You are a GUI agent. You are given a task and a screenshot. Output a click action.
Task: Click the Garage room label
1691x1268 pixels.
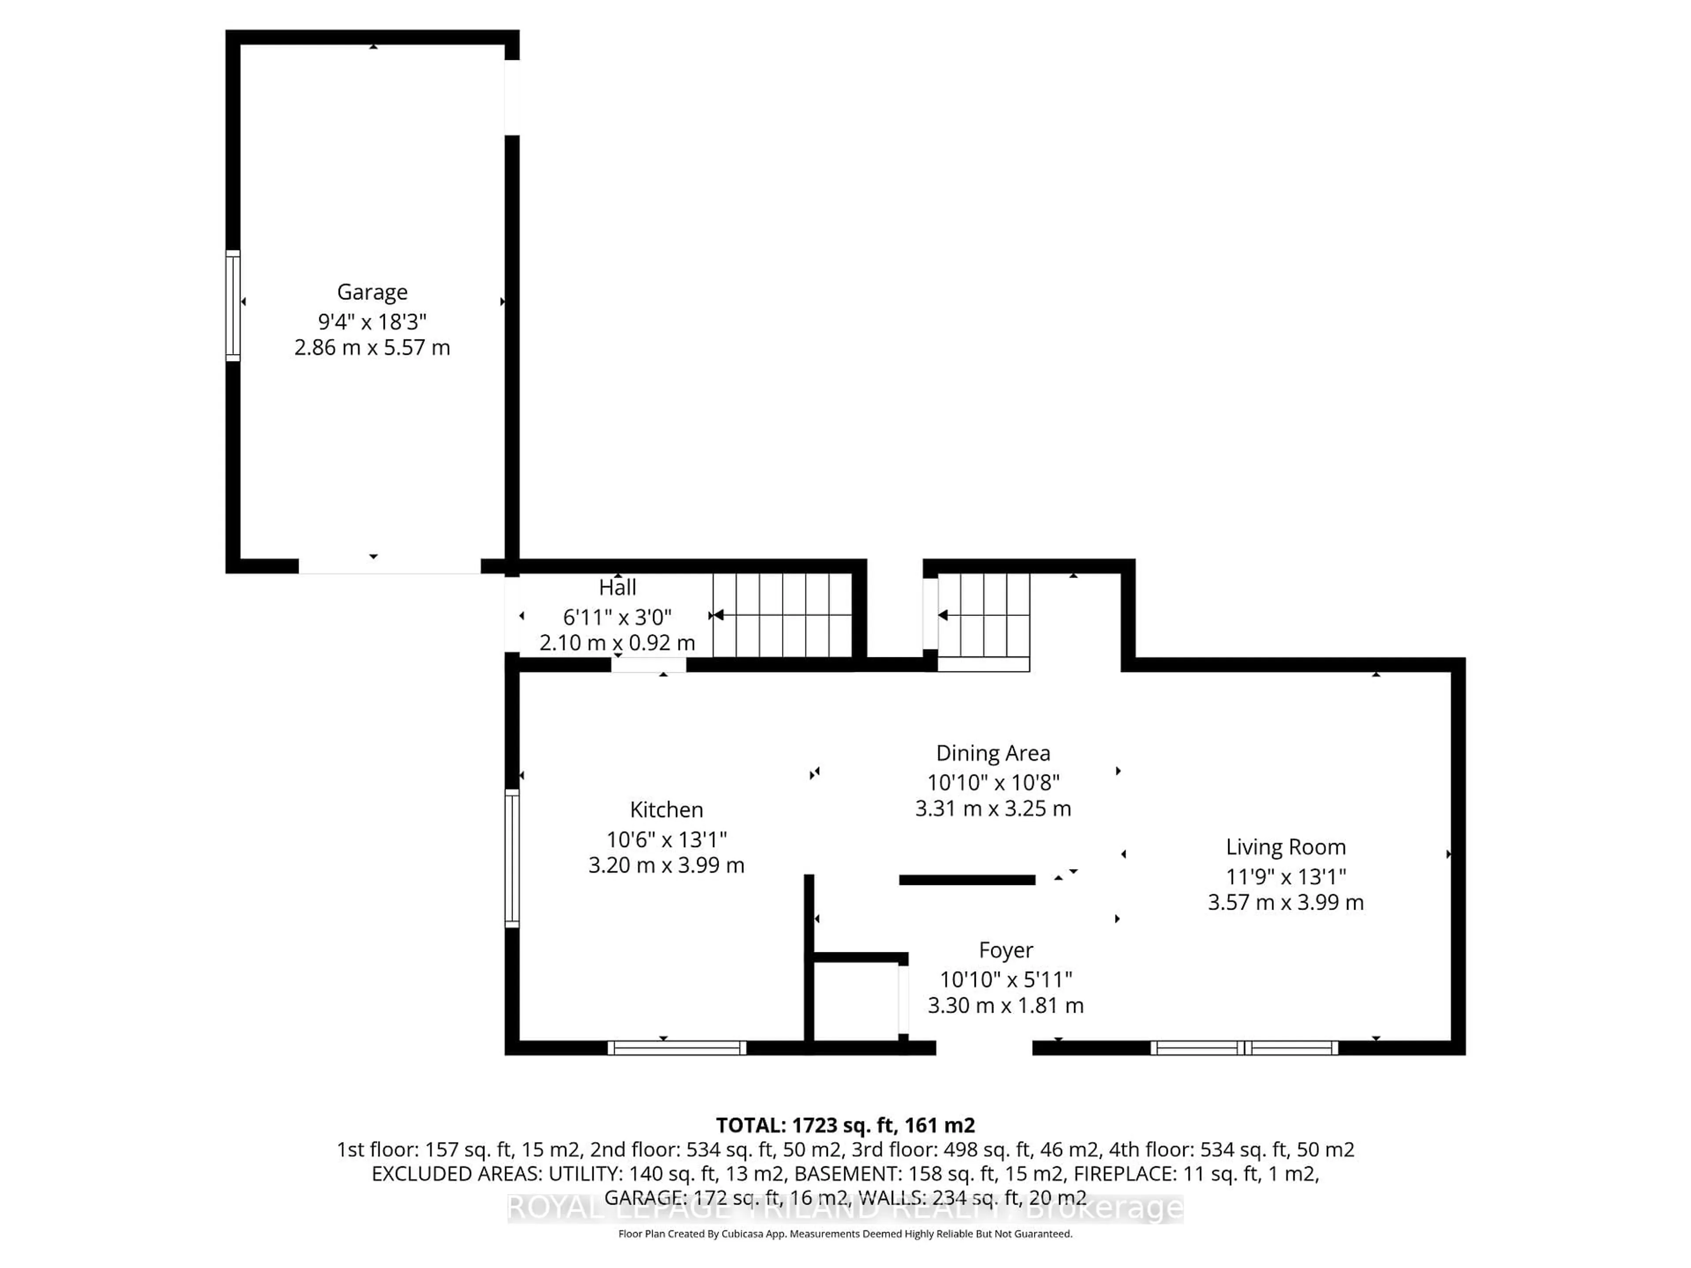pyautogui.click(x=372, y=292)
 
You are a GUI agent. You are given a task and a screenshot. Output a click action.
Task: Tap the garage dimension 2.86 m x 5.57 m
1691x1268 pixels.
pyautogui.click(x=372, y=348)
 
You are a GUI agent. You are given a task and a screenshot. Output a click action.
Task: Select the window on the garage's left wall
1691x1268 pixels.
pyautogui.click(x=233, y=305)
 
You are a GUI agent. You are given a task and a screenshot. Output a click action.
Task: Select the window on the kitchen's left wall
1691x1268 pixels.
pyautogui.click(x=512, y=859)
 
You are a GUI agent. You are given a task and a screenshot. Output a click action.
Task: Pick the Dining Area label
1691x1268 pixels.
pyautogui.click(x=993, y=754)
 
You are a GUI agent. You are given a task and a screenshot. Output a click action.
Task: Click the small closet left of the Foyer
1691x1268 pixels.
pyautogui.click(x=856, y=1001)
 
